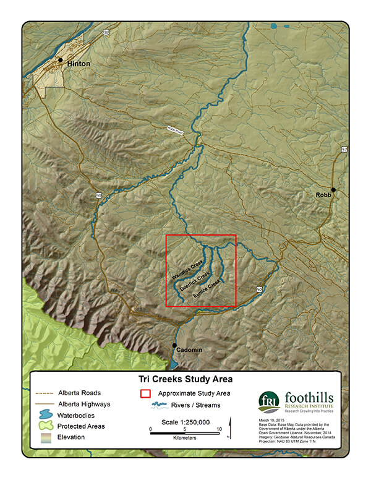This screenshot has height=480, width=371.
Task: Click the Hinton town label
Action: [79, 64]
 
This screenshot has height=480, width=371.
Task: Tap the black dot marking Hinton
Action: [61, 60]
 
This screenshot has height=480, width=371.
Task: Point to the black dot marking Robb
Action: [333, 190]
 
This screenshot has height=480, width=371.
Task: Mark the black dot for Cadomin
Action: [174, 345]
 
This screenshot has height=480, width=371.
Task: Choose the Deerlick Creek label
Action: [195, 280]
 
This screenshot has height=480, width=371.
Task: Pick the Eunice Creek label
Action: [207, 291]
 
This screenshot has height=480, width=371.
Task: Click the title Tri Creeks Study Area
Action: [185, 379]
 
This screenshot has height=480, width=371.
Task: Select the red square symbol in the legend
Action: [145, 393]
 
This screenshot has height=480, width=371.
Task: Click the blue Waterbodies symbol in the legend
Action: [45, 415]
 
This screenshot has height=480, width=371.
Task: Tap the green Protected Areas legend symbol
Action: [45, 426]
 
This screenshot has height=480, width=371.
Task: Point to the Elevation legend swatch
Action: [45, 437]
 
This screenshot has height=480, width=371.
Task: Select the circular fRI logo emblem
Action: [269, 402]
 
